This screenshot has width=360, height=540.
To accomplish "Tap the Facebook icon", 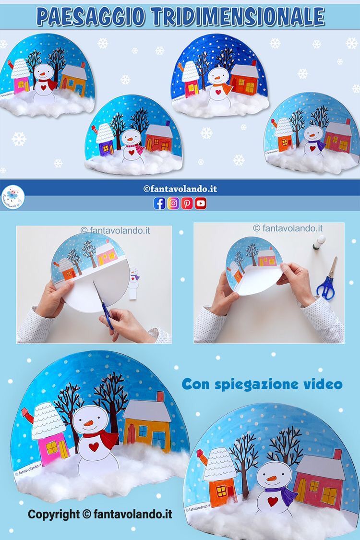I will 159,204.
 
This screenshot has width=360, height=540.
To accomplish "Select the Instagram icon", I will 174,204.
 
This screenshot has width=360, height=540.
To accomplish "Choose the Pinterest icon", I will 187,204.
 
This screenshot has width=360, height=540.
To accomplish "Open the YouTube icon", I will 201,204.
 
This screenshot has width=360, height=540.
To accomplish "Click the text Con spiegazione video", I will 262,384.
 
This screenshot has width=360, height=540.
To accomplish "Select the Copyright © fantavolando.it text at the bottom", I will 100,515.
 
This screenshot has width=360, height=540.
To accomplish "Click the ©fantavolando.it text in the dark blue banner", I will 180,189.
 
